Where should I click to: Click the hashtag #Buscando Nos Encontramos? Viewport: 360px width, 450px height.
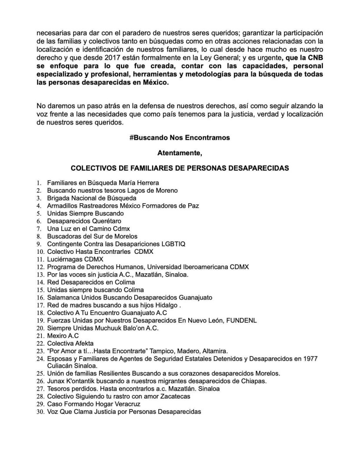click(179, 138)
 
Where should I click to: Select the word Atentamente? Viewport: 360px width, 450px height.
click(179, 153)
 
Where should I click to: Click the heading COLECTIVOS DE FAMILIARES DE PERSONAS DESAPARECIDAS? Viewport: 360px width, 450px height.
click(179, 168)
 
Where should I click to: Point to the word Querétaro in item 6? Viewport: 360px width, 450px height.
click(107, 220)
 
